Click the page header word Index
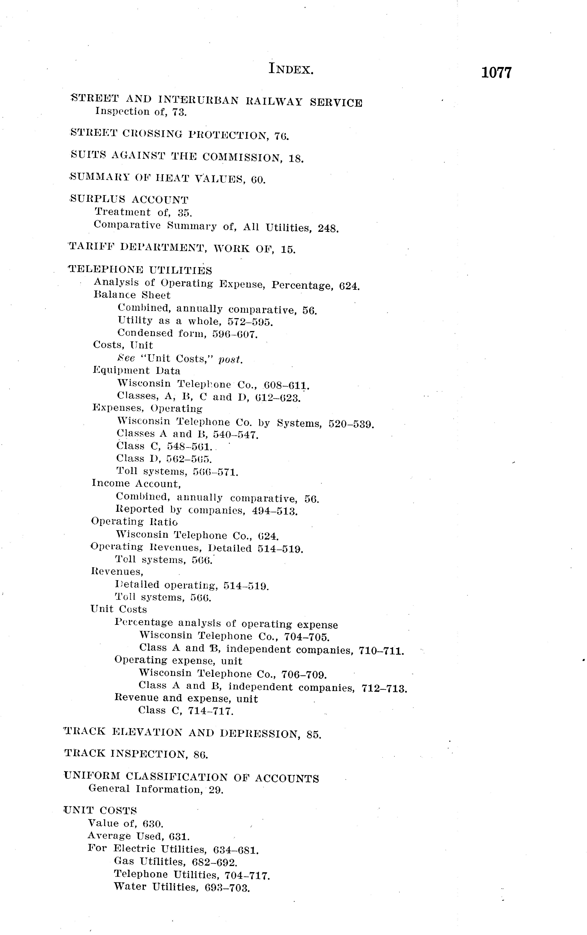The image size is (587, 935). click(291, 70)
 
